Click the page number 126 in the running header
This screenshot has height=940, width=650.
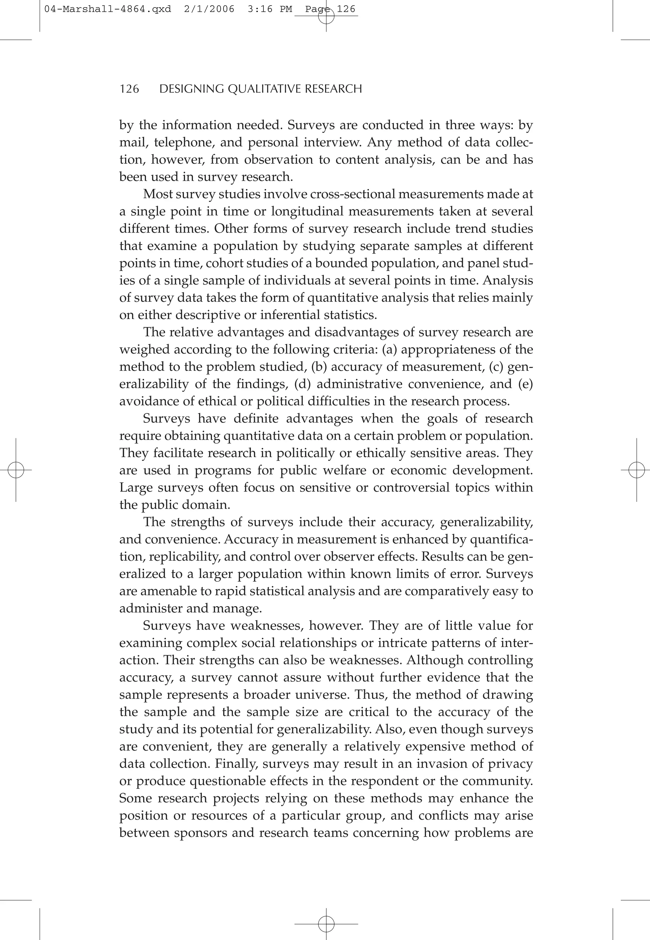point(129,89)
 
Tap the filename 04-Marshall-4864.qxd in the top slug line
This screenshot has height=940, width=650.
point(108,9)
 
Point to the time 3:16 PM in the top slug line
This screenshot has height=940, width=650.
point(269,9)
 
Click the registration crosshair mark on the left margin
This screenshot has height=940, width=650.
point(16,470)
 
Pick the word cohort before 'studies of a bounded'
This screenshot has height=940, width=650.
point(223,263)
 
